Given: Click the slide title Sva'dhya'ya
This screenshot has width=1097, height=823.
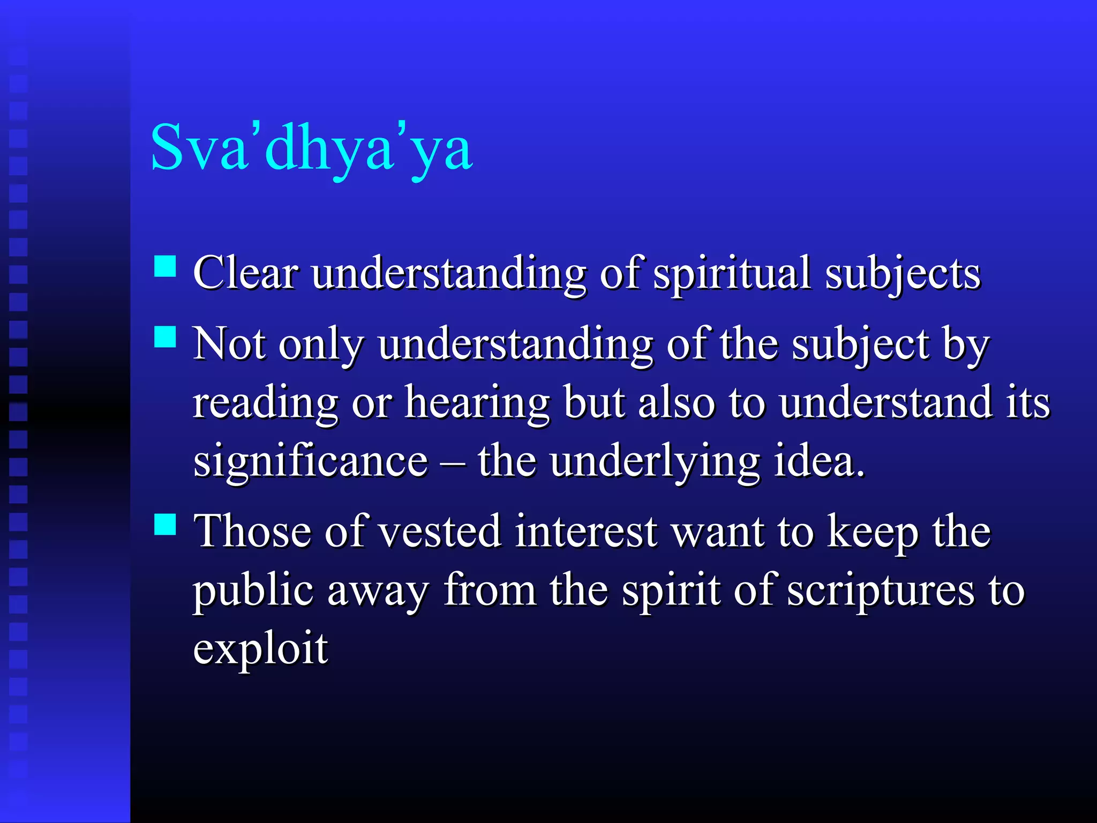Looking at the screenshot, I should [311, 148].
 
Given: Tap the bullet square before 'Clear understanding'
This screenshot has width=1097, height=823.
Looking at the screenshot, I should [165, 266].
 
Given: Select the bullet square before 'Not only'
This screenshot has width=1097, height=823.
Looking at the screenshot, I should [165, 337].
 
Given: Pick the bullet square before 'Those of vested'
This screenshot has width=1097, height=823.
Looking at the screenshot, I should [165, 525].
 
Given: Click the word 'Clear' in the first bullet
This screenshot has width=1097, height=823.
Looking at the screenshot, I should [245, 273].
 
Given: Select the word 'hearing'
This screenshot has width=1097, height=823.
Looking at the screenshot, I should [477, 403].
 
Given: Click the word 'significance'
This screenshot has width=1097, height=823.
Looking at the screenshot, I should [311, 462].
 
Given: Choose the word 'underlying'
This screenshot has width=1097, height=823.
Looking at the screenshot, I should [655, 462].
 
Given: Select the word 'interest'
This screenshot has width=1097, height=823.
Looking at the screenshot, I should [586, 532].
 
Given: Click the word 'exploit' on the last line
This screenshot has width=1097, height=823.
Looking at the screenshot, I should [260, 649].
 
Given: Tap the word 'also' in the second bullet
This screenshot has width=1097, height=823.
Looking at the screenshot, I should [677, 403].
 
